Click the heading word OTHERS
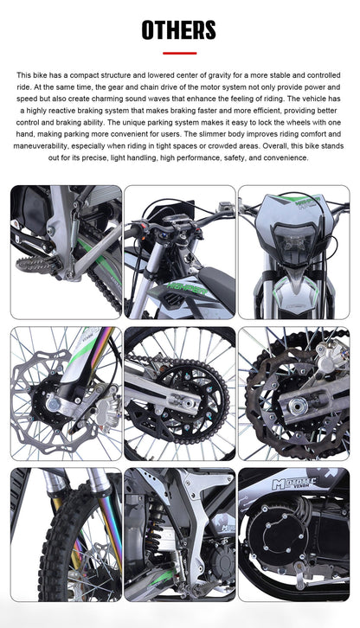(179, 30)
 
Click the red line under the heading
(179, 53)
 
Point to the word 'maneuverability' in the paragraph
(57, 146)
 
